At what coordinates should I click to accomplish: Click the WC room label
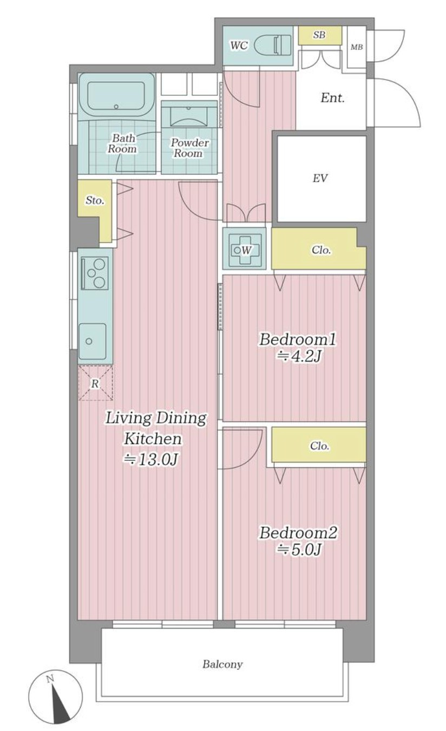tap(239, 45)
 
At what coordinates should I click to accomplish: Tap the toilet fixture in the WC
tap(272, 45)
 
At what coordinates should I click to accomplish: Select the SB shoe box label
tap(319, 35)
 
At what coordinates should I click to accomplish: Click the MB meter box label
tap(357, 47)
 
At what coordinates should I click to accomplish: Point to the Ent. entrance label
tap(332, 98)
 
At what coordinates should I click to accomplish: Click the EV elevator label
tap(320, 178)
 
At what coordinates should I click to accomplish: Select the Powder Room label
tap(189, 148)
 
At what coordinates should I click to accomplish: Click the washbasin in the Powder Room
tap(189, 114)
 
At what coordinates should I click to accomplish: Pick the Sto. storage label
tap(95, 200)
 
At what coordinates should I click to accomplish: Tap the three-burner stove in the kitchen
tap(95, 273)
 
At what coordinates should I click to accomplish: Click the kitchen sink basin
tap(92, 341)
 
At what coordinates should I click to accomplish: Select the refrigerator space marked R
tap(95, 383)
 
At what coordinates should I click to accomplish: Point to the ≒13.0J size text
tap(150, 460)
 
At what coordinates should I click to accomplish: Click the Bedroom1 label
tap(298, 340)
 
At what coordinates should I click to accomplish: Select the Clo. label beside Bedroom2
tap(319, 446)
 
